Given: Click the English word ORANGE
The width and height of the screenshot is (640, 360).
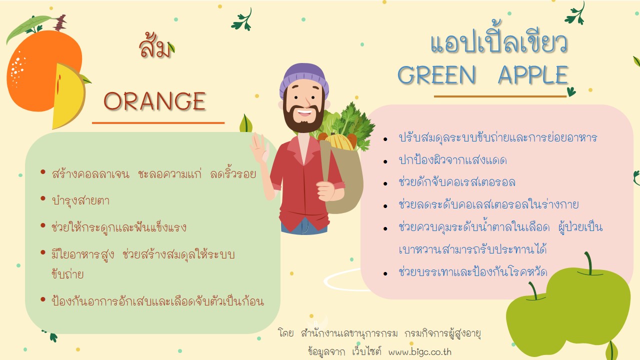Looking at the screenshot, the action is coord(154,101).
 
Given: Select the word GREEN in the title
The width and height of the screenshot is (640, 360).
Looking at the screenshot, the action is coord(436,74).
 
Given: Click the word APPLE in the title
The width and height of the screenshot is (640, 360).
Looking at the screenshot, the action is coord(533,74).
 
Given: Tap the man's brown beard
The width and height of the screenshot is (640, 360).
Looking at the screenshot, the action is coord(303,119).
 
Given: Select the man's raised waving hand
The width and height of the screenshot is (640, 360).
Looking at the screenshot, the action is coord(259,147).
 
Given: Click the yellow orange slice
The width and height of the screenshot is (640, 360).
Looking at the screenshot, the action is coord(68,96).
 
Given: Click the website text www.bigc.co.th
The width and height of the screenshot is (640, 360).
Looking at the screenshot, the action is coord(419,351).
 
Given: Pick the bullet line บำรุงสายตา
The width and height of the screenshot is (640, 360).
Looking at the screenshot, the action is coord(80,201).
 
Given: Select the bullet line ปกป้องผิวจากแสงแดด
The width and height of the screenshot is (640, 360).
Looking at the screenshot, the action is coord(452,159).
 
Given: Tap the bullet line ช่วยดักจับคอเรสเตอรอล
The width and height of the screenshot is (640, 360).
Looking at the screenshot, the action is coord(457,182).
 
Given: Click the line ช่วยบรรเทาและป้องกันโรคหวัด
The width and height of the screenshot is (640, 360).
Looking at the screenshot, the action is coord(473,271).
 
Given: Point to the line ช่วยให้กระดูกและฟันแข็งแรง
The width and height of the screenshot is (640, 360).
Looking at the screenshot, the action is coord(119,227).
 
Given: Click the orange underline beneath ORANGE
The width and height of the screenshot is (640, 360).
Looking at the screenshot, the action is coord(158,123).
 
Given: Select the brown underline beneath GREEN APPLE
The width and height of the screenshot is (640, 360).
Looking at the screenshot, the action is coord(500,96).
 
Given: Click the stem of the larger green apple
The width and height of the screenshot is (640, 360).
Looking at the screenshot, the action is coord(588,263).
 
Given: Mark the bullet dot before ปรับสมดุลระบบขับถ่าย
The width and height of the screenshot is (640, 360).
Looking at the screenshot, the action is coord(385,139).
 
